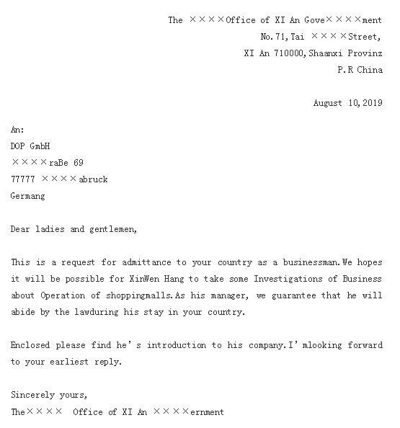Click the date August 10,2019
[x=347, y=103]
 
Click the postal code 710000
[x=290, y=53]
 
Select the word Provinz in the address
[x=365, y=53]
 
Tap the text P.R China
[x=360, y=70]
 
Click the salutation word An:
[x=17, y=130]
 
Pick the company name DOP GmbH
[x=30, y=146]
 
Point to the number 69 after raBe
[x=79, y=163]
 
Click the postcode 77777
[x=23, y=179]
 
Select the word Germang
[x=27, y=196]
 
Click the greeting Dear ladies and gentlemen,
[x=74, y=229]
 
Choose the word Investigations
[x=264, y=279]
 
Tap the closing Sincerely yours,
[x=49, y=395]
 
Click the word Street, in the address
[x=365, y=36]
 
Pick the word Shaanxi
[x=326, y=53]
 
